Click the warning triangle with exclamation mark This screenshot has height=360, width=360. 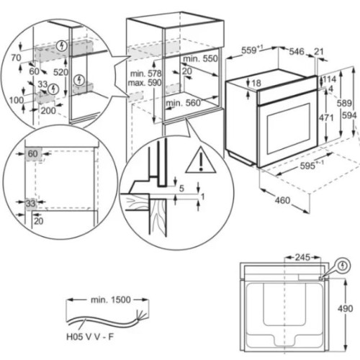click(201, 161)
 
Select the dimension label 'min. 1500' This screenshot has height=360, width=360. click(111, 300)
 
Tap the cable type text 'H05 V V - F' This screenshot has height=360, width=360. click(90, 337)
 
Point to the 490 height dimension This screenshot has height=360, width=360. click(346, 308)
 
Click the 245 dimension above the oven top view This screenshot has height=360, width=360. click(302, 258)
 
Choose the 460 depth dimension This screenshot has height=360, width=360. click(282, 200)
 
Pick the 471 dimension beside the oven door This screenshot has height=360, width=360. click(326, 117)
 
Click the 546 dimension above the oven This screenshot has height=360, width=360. click(297, 51)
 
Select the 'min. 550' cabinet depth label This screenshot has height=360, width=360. click(200, 58)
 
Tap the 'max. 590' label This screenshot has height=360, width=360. click(145, 83)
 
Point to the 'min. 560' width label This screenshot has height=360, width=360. click(183, 103)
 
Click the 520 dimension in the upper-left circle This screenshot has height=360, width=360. click(60, 72)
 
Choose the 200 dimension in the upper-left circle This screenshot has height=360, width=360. click(48, 111)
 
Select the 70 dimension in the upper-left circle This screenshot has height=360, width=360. click(16, 58)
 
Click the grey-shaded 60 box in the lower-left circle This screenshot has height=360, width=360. click(34, 154)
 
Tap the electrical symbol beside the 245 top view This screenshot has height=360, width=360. click(343, 266)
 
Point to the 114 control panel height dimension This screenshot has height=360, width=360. click(330, 79)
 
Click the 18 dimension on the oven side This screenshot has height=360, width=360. click(256, 83)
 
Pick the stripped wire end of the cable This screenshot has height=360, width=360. click(140, 315)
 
